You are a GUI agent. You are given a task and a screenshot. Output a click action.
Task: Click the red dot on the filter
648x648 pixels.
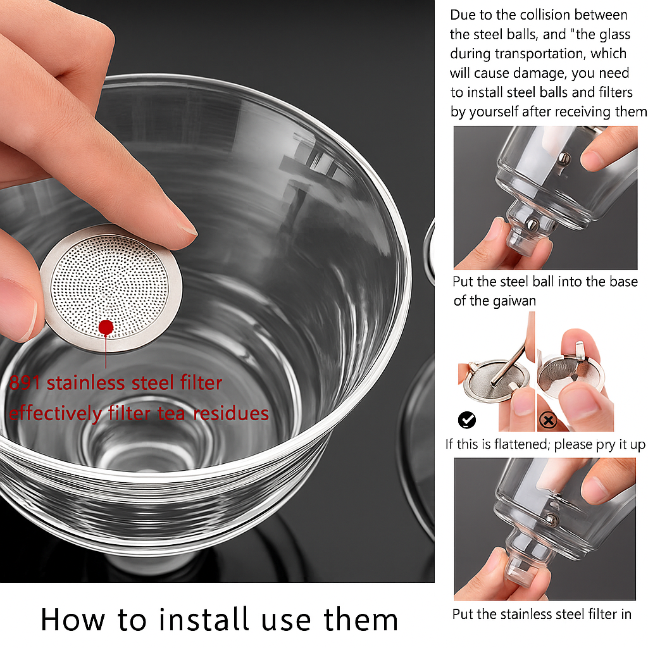[106, 327]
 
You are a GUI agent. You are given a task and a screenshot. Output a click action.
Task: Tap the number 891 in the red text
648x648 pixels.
[25, 383]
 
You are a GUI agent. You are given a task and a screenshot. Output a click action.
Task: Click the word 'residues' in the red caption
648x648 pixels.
[231, 413]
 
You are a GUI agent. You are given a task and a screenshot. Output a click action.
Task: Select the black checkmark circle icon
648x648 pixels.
[467, 420]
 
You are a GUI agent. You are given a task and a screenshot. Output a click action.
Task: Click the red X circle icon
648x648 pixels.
[548, 421]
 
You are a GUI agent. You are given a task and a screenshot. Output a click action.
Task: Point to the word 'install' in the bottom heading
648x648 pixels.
[204, 620]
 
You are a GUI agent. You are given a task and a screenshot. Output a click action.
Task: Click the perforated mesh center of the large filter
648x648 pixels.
[110, 287]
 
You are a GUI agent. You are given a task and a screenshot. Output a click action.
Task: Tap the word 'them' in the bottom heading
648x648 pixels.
[361, 620]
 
